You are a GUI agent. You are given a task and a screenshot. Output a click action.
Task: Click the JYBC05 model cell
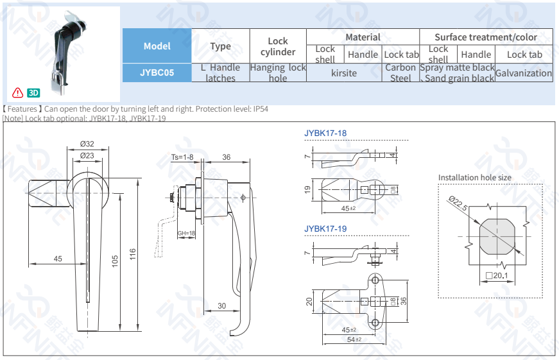pyautogui.click(x=157, y=73)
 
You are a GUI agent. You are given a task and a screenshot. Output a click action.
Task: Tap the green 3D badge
pyautogui.click(x=34, y=92)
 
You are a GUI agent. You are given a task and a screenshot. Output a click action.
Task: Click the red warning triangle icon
pyautogui.click(x=18, y=92)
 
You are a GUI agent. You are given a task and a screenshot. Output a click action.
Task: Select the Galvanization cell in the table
pyautogui.click(x=523, y=73)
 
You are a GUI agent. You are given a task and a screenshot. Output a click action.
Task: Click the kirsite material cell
pyautogui.click(x=344, y=73)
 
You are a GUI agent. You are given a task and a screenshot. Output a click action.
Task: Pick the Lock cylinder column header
pyautogui.click(x=278, y=46)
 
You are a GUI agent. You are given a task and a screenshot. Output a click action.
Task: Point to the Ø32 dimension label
pyautogui.click(x=87, y=144)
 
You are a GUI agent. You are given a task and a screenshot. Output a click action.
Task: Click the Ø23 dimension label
pyautogui.click(x=87, y=156)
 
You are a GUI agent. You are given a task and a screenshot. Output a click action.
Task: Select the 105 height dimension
pyautogui.click(x=116, y=262)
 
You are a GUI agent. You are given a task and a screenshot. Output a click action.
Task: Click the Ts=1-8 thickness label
pyautogui.click(x=182, y=157)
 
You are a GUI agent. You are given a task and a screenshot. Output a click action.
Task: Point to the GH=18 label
pyautogui.click(x=186, y=233)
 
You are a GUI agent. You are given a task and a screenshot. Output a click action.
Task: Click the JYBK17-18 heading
pyautogui.click(x=325, y=133)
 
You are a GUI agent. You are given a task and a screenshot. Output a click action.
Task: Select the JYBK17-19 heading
pyautogui.click(x=325, y=228)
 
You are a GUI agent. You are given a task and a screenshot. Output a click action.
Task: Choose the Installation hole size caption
pyautogui.click(x=475, y=178)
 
